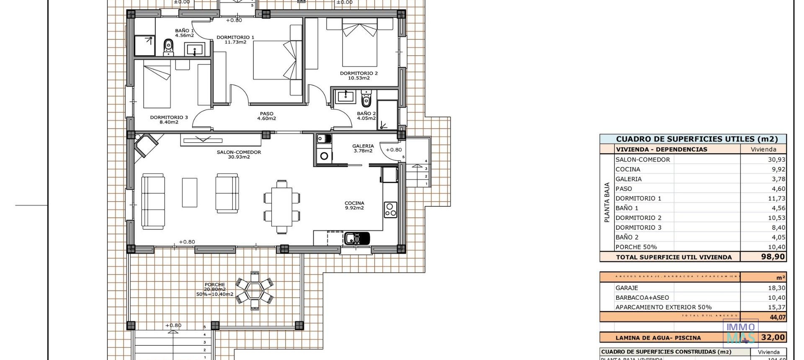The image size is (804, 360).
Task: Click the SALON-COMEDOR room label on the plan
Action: [x=239, y=152]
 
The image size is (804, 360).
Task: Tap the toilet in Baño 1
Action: [x=168, y=47]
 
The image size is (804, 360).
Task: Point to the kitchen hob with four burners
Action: [x=390, y=209]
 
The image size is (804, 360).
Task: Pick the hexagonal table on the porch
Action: [x=255, y=289]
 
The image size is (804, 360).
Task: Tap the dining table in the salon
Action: [x=282, y=207]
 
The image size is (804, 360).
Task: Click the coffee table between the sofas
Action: [x=190, y=193]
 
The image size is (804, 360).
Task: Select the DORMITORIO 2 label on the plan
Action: [x=358, y=73]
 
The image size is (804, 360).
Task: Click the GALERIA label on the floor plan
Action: [x=363, y=146]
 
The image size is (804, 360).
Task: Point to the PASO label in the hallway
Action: [x=266, y=113]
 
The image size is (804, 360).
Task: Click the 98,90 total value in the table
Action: [x=773, y=257]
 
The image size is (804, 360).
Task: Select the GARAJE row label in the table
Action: [x=626, y=288]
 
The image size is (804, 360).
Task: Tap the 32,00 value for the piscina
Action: [x=773, y=337]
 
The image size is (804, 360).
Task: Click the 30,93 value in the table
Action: [x=776, y=159]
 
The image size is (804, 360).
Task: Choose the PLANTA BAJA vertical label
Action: [x=607, y=202]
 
